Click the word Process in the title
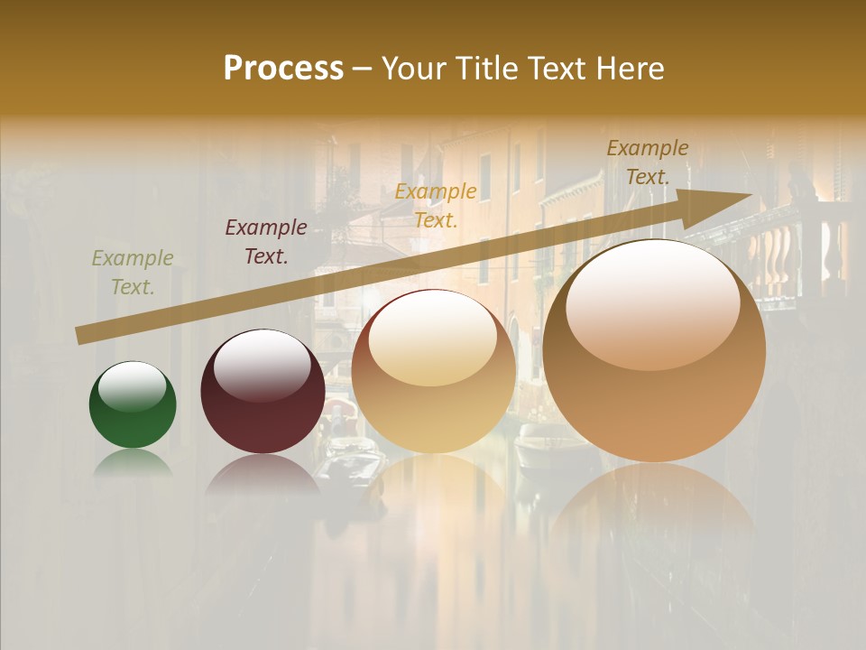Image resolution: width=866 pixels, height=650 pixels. pos(283,69)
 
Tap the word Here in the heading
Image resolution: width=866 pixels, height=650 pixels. pos(629,69)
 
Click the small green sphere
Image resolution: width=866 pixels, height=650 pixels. pos(133,405)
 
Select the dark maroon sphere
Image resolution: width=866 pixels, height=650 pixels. pos(263,392)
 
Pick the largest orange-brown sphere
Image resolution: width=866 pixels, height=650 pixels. pos(654,351)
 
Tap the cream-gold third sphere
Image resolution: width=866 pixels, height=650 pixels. pos(434,371)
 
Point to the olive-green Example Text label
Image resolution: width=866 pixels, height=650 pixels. pos(133,273)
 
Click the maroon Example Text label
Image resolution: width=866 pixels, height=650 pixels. pos(266,242)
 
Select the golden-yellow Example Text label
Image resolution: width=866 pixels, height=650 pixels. pos(436,205)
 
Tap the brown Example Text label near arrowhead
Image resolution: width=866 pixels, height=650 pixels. pos(648,162)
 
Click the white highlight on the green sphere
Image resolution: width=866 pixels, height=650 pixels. pos(133,385)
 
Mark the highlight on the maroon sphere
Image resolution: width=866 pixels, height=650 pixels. pos(262,365)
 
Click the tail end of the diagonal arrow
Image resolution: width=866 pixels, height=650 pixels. pos(81,335)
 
